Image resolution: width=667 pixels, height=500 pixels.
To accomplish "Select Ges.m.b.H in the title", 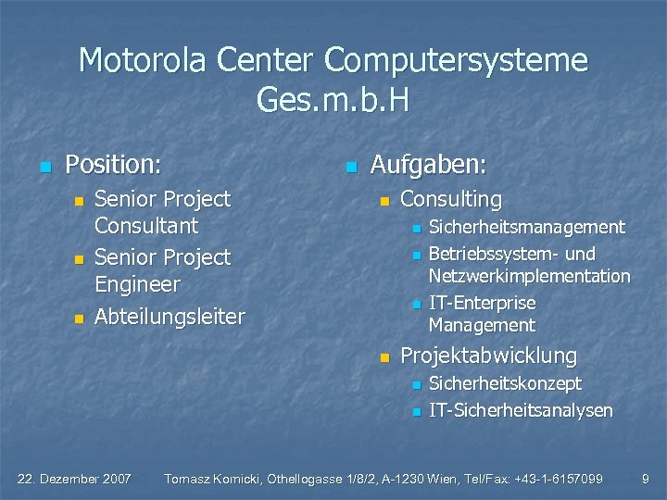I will coord(333,100).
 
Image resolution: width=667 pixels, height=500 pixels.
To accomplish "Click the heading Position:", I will coord(113,165).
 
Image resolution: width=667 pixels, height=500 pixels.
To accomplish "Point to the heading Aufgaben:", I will coord(428,165).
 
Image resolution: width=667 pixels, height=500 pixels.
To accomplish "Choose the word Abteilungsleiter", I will coord(170,317).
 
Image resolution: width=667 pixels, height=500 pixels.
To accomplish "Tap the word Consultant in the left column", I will coord(146,225).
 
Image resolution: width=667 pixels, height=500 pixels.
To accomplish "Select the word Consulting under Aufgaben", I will coord(450,199).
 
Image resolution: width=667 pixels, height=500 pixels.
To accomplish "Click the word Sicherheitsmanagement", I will coord(526,227).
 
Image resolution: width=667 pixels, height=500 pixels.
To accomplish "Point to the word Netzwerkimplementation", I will coord(529,276).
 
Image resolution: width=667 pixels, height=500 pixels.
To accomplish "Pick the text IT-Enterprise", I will coord(482,303).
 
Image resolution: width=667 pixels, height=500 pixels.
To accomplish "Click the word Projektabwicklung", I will coord(488,356).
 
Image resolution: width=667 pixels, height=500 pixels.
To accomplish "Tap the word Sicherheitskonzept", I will coord(505,383).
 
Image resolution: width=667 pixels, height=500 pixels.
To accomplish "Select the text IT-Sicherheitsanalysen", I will coord(521,410).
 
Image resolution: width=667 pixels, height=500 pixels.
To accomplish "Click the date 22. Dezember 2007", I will coord(75,479).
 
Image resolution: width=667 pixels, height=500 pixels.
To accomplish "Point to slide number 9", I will coord(646,479).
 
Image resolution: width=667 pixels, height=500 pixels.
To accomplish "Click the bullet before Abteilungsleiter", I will coord(79,319).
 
